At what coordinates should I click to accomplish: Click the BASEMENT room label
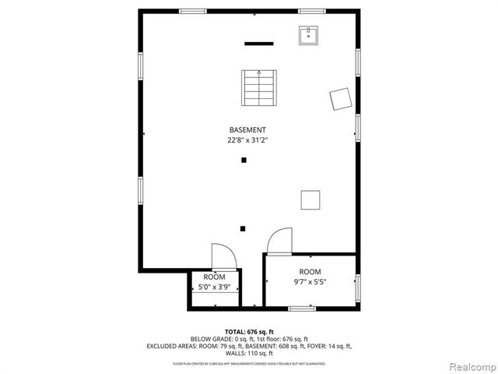[x=247, y=130]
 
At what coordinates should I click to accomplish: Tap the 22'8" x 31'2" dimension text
[x=247, y=140]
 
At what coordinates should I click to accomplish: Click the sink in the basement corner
[x=309, y=35]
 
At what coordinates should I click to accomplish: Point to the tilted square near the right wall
[x=340, y=98]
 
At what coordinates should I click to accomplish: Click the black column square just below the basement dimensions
[x=244, y=161]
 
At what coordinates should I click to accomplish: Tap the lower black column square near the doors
[x=243, y=228]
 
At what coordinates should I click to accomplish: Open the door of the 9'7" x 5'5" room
[x=279, y=242]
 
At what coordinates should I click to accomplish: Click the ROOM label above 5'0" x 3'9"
[x=214, y=277]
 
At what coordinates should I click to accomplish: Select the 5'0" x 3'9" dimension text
[x=214, y=288]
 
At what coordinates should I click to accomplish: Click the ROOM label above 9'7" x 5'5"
[x=310, y=271]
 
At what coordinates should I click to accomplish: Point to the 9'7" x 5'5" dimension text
[x=310, y=281]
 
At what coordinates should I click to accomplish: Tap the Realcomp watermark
[x=469, y=365]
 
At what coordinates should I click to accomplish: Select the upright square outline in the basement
[x=310, y=200]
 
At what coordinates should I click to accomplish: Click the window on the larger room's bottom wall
[x=302, y=309]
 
